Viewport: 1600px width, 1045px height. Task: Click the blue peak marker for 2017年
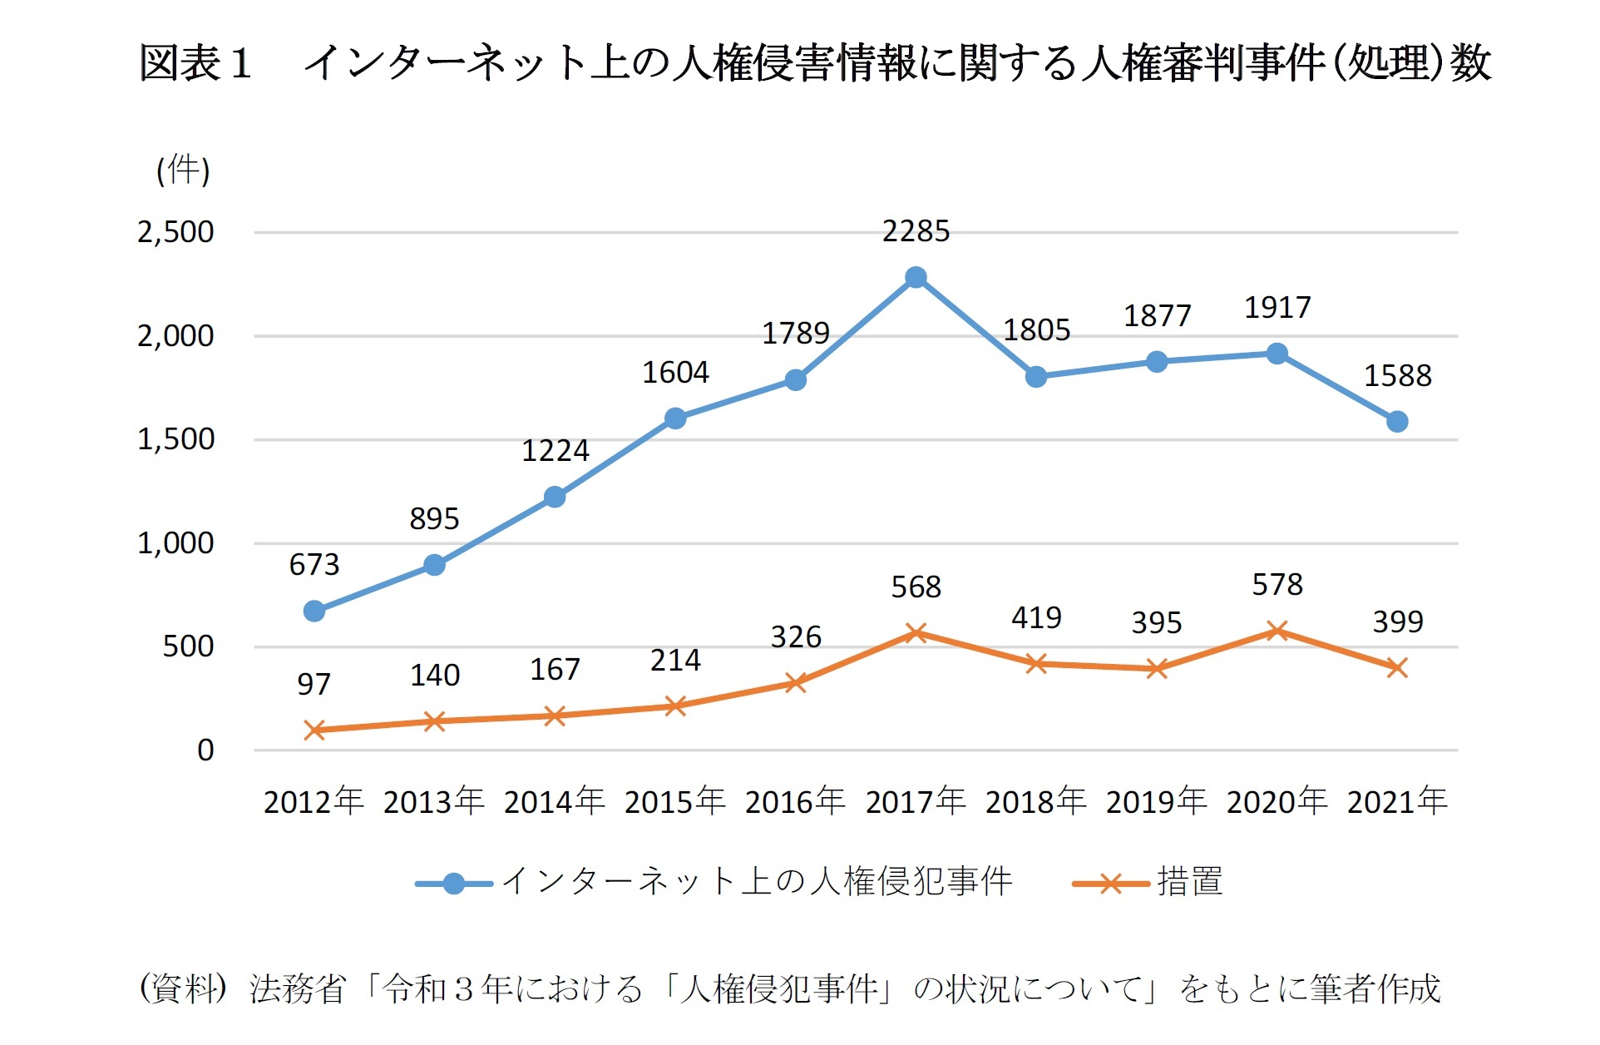(x=916, y=277)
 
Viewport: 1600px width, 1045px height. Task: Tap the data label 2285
(x=916, y=231)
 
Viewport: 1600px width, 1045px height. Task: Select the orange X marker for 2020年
(x=1277, y=631)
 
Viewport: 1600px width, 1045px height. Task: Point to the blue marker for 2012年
(x=314, y=612)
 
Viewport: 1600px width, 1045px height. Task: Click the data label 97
(x=314, y=685)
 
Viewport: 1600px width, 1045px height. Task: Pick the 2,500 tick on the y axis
(x=175, y=232)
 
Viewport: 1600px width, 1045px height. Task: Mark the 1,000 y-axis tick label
(x=175, y=543)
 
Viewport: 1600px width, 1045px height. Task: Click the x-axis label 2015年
(x=674, y=801)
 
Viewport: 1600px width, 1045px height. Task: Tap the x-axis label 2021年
(x=1397, y=801)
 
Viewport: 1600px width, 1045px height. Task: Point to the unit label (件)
(x=183, y=171)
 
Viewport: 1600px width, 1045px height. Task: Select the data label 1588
(x=1397, y=376)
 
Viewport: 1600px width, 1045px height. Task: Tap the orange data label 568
(x=916, y=587)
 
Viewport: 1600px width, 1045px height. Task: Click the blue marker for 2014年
(x=555, y=498)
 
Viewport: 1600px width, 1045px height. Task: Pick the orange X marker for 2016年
(x=795, y=683)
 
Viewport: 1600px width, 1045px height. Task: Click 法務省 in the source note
(x=297, y=989)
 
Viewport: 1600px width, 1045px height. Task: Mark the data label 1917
(x=1277, y=308)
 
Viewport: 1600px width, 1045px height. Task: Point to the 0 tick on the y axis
(x=205, y=750)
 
